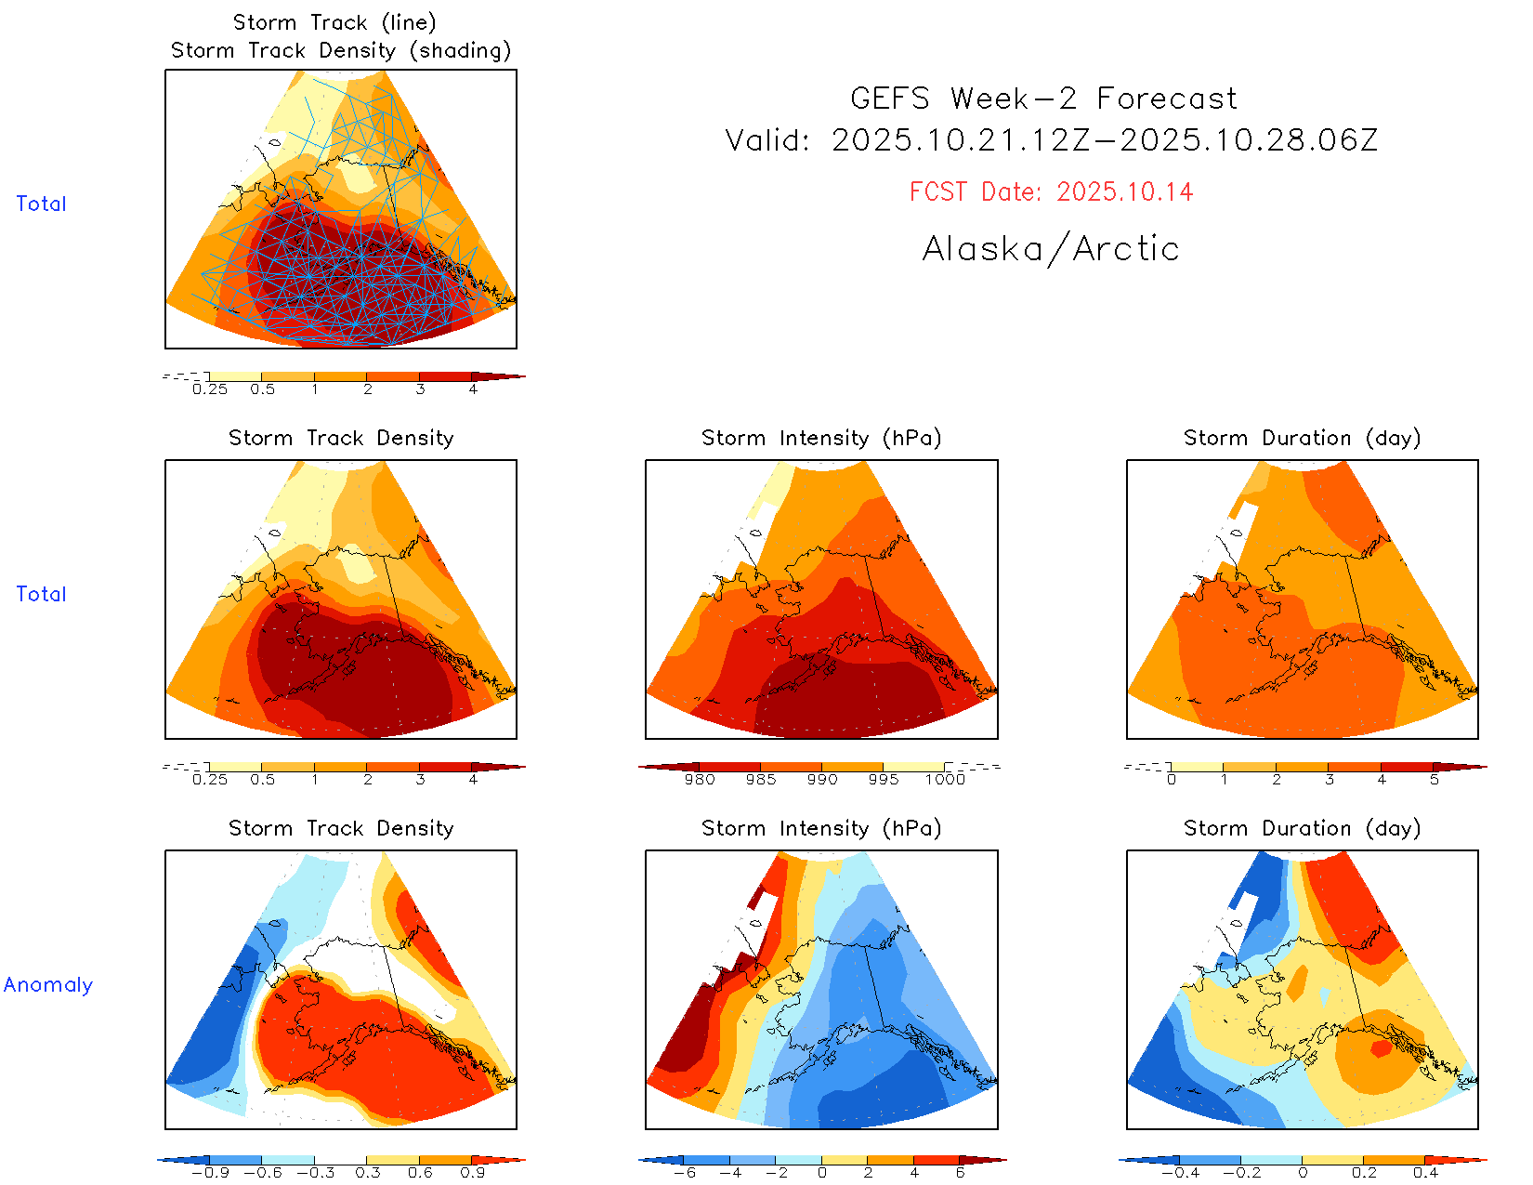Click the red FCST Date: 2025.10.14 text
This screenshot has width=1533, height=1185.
click(x=1051, y=192)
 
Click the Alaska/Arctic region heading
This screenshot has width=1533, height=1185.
click(x=1051, y=249)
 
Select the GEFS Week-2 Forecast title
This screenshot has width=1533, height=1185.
click(x=1043, y=99)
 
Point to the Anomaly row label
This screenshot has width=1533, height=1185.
click(x=48, y=985)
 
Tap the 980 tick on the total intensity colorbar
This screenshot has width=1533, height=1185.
click(x=700, y=779)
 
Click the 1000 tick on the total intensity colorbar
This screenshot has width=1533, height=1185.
click(x=945, y=779)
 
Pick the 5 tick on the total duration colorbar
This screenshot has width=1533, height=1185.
click(x=1435, y=779)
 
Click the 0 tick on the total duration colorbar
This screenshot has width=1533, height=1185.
click(x=1172, y=779)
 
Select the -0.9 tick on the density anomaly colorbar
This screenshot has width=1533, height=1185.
click(x=210, y=1172)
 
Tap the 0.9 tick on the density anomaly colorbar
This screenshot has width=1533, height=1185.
click(x=472, y=1172)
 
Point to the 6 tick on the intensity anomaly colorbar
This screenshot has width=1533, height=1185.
click(x=960, y=1172)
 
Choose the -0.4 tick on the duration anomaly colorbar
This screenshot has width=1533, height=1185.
click(x=1180, y=1172)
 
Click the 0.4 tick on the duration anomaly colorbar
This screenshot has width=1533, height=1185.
click(x=1425, y=1172)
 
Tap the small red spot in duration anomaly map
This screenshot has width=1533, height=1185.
click(x=1382, y=1048)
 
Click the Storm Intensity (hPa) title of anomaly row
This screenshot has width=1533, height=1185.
click(x=821, y=828)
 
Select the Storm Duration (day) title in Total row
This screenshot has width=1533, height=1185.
click(x=1302, y=438)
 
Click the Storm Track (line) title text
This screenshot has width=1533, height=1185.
click(x=334, y=22)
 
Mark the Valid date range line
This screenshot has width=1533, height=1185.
click(x=1051, y=140)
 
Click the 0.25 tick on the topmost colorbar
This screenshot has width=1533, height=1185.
click(x=210, y=388)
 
